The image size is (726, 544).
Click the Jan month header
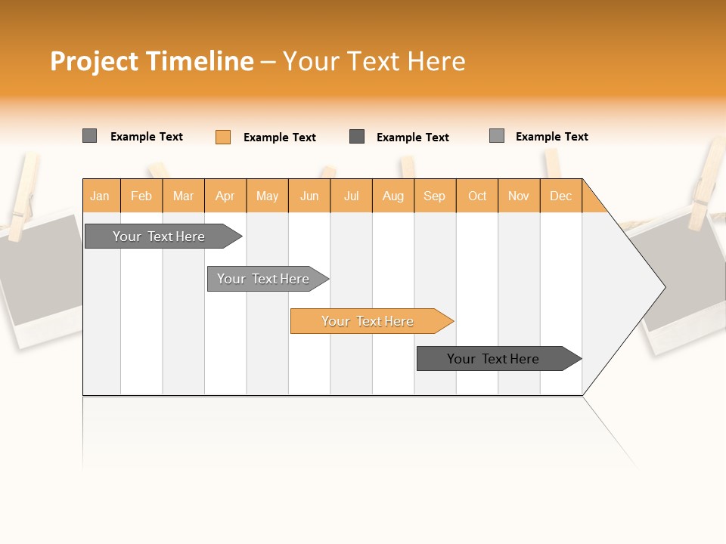pos(100,196)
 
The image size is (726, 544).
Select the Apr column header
pos(225,196)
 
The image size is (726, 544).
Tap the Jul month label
pos(351,196)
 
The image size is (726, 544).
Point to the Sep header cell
pos(434,196)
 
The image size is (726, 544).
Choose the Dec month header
pos(560,196)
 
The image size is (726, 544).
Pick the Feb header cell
pos(141,196)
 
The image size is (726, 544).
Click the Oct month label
pos(477,196)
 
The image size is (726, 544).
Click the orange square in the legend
pos(223,137)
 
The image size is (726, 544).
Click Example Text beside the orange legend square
pos(279,138)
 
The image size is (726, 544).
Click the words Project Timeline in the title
pos(151,61)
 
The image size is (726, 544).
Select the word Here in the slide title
pos(436,61)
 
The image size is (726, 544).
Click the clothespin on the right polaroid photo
pos(708,181)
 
